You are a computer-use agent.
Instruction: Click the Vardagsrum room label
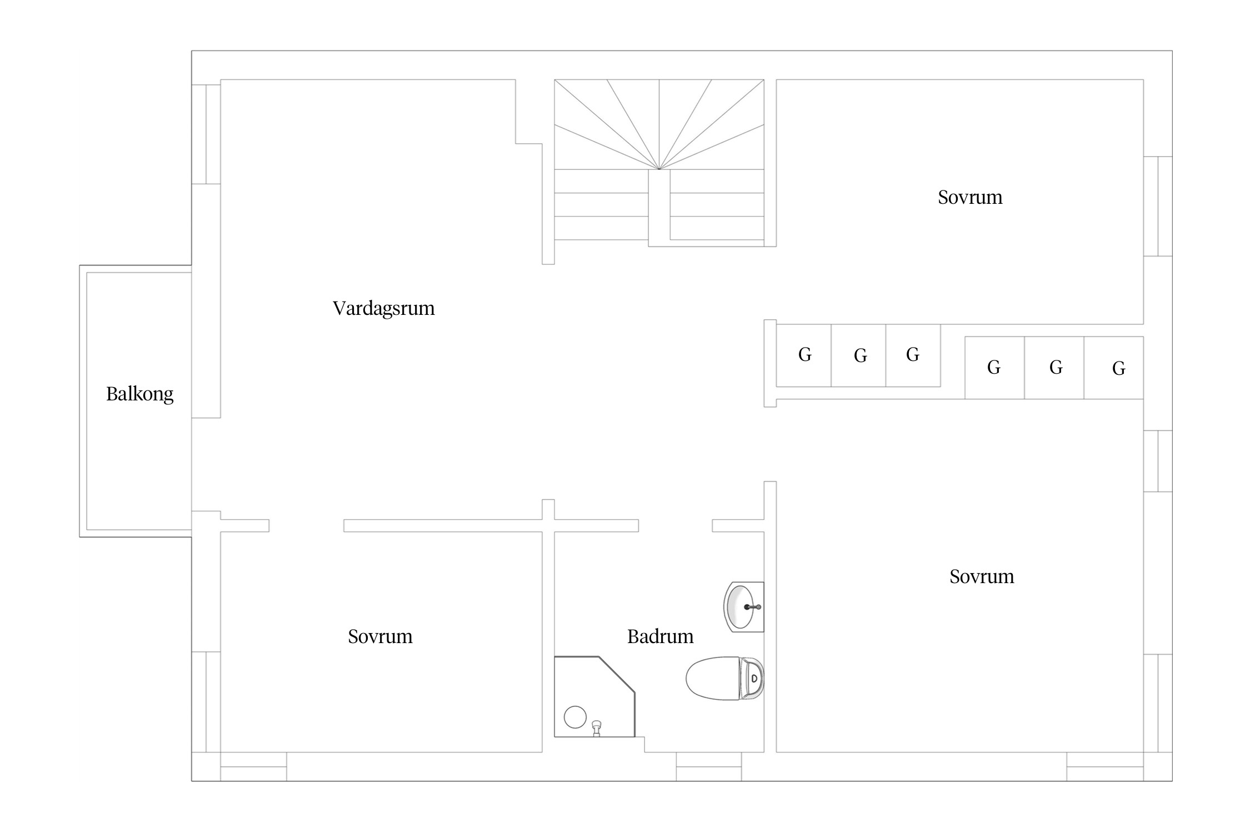(x=384, y=308)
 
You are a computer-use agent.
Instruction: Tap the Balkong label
(x=139, y=394)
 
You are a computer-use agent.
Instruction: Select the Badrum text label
(x=660, y=636)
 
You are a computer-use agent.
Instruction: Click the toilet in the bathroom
(x=724, y=678)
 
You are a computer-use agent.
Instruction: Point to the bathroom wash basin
(x=744, y=607)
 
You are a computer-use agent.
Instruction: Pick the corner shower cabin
(x=594, y=697)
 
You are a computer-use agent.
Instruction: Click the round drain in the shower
(x=575, y=717)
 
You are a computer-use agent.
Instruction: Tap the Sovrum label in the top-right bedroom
(x=970, y=197)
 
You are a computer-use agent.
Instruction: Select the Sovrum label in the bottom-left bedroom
(x=380, y=636)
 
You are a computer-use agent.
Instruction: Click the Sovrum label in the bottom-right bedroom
(x=982, y=576)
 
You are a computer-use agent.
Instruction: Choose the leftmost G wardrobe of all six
(x=803, y=355)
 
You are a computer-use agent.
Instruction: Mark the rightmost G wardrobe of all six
(x=1113, y=368)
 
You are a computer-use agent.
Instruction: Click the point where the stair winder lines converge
(x=659, y=169)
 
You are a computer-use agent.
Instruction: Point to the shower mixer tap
(x=597, y=728)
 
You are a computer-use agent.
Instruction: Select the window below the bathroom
(x=708, y=767)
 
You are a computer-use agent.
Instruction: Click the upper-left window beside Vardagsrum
(x=206, y=134)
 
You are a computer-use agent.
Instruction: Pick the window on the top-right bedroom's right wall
(x=1158, y=206)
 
